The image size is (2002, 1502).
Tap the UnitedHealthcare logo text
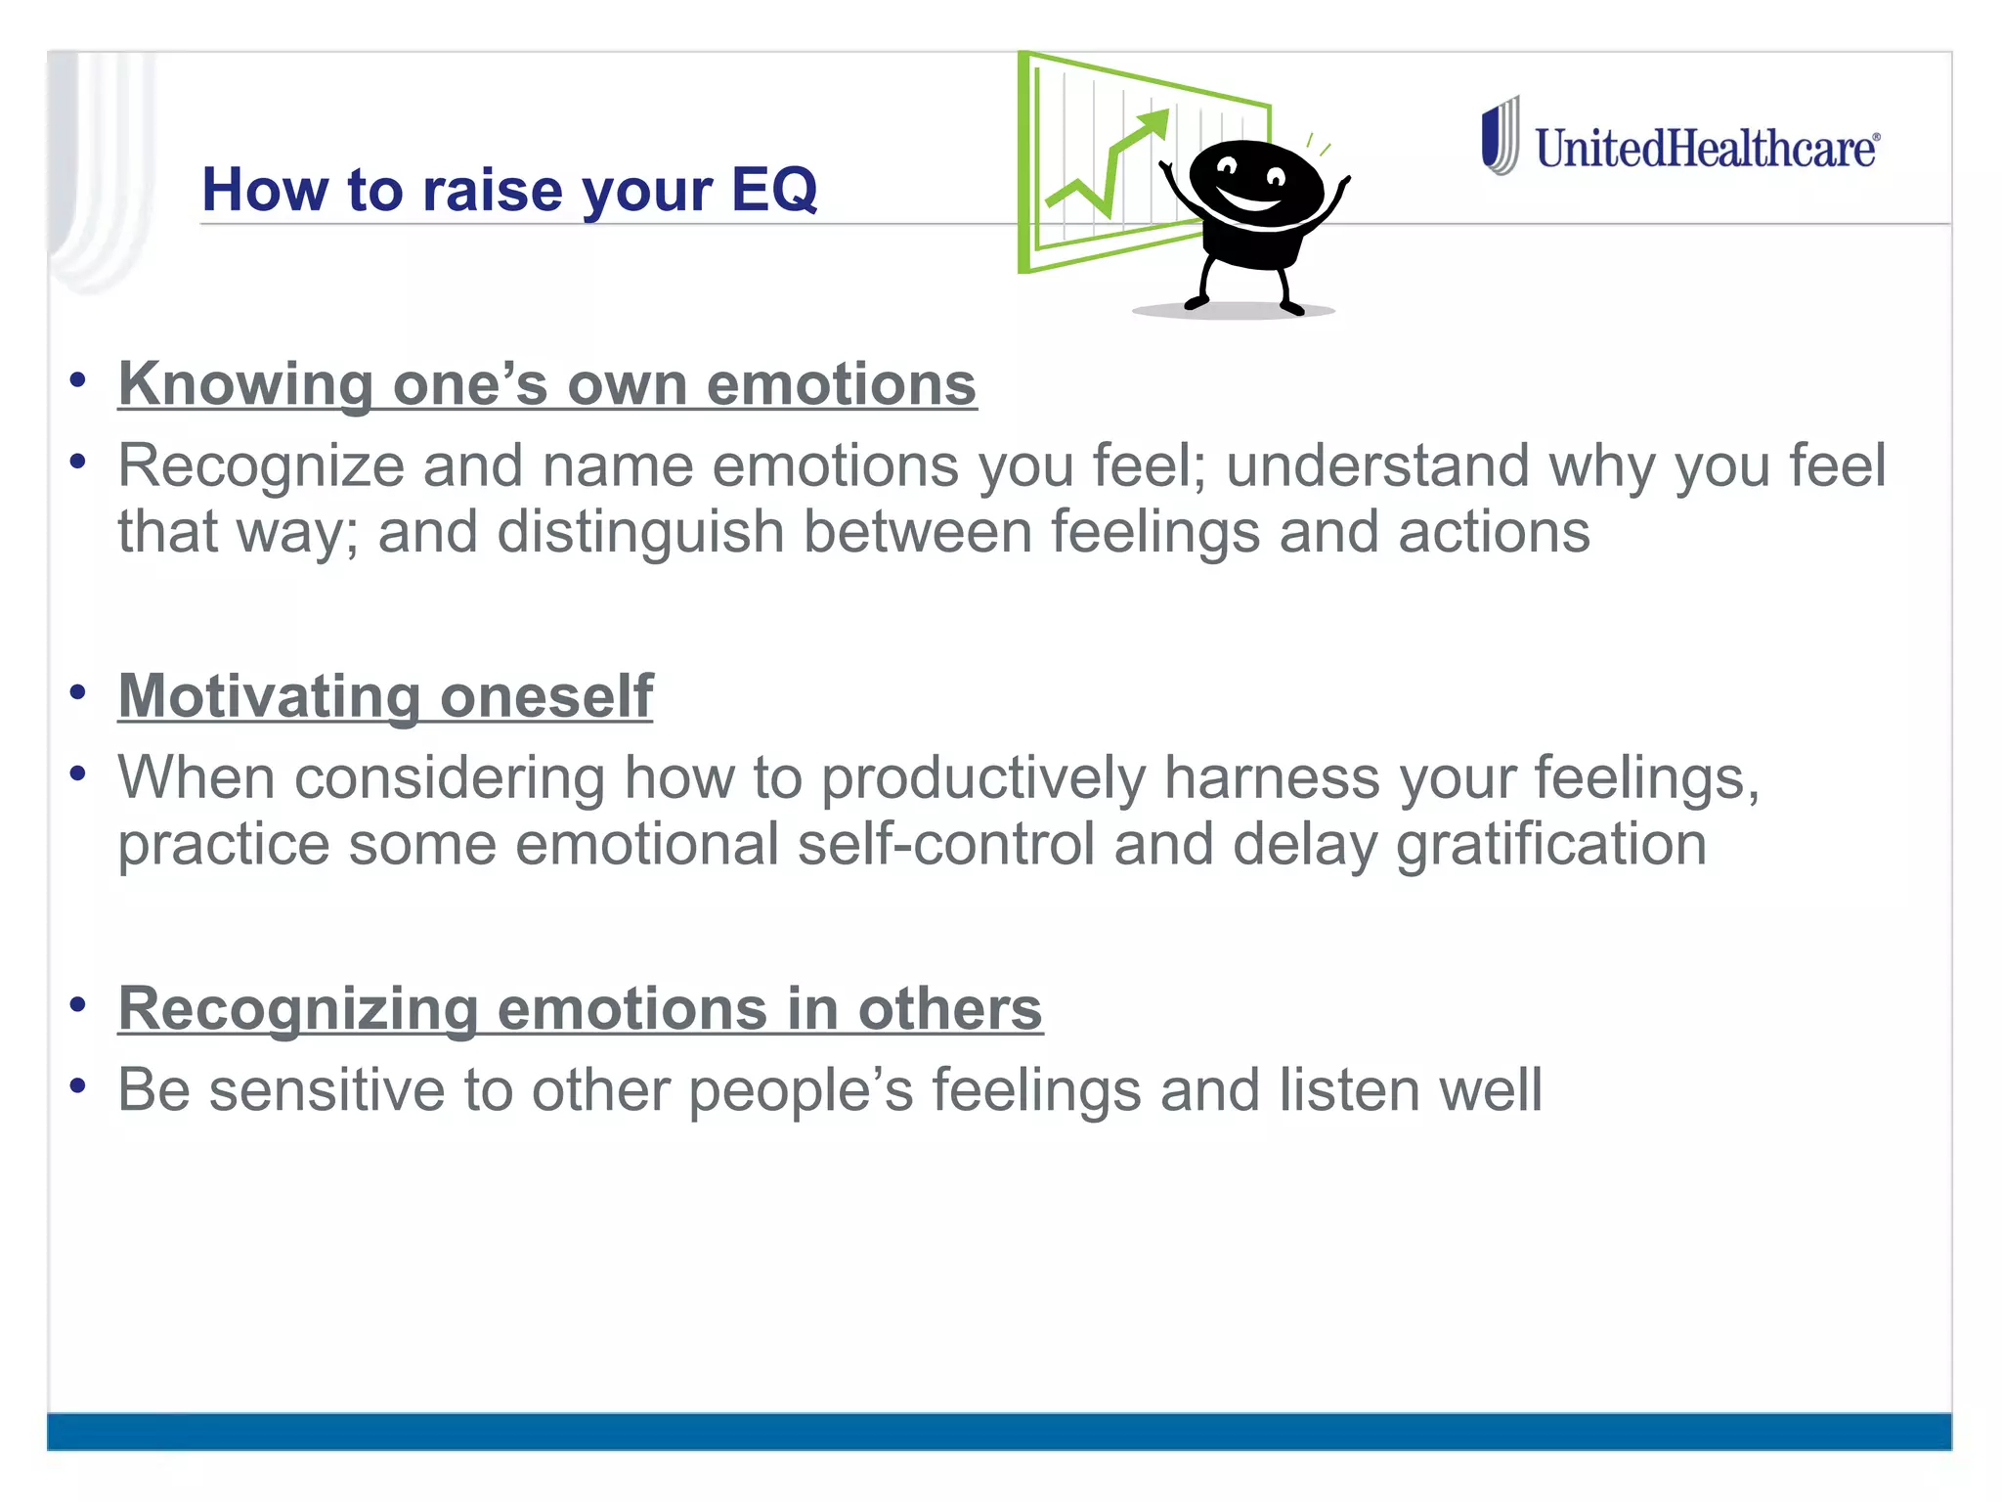coord(1706,149)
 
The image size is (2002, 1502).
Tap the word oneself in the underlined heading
coord(546,696)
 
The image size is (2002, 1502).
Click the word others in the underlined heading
coord(950,1008)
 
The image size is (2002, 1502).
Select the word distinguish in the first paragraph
coord(640,532)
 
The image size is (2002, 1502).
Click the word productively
coord(982,778)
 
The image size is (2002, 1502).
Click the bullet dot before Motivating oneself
coord(78,692)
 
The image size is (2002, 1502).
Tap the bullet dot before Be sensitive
coord(78,1085)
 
